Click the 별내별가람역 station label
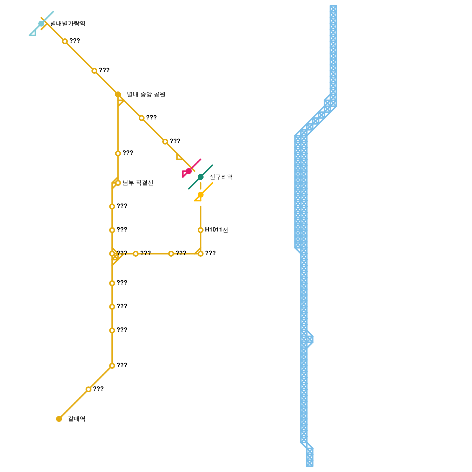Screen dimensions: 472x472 click(68, 24)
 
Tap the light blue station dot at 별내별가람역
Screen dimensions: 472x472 click(41, 24)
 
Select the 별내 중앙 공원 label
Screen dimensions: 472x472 click(146, 94)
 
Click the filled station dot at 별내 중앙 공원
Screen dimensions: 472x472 click(118, 94)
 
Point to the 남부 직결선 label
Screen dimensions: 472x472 click(138, 183)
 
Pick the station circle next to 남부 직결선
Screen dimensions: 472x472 click(118, 183)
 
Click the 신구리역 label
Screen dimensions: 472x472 click(221, 177)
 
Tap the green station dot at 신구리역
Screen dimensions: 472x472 click(201, 177)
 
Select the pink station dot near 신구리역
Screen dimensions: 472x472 click(189, 171)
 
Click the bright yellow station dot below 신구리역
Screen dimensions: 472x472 click(201, 195)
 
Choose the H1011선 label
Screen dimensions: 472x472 click(216, 230)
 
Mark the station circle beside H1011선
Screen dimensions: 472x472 click(201, 230)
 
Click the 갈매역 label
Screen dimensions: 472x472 click(76, 419)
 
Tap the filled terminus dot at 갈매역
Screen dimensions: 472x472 click(59, 419)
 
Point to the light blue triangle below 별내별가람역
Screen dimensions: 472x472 click(33, 33)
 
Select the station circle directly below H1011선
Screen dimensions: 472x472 click(201, 254)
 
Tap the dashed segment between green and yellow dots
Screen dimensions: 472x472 click(201, 186)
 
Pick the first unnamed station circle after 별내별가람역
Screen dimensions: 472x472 click(65, 41)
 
